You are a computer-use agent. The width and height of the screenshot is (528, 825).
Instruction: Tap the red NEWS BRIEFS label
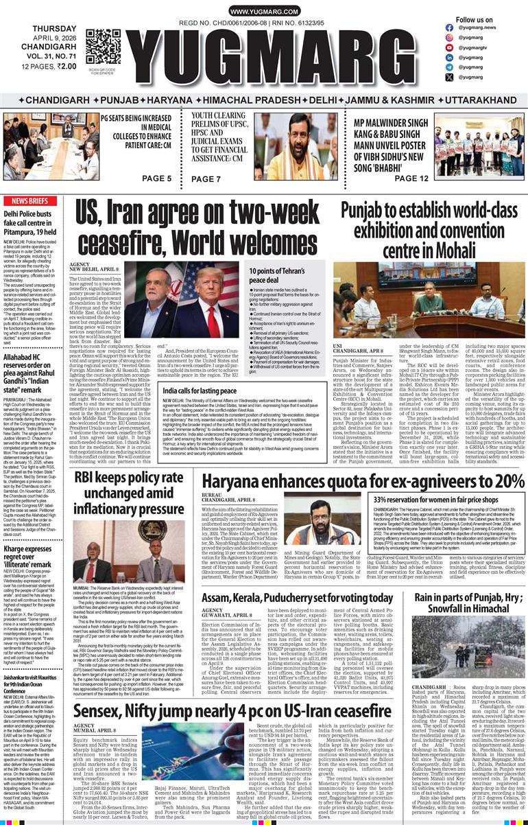(29, 201)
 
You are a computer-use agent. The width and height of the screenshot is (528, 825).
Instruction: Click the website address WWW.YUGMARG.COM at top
(263, 12)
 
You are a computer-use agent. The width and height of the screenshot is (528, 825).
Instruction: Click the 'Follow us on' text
(475, 20)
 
